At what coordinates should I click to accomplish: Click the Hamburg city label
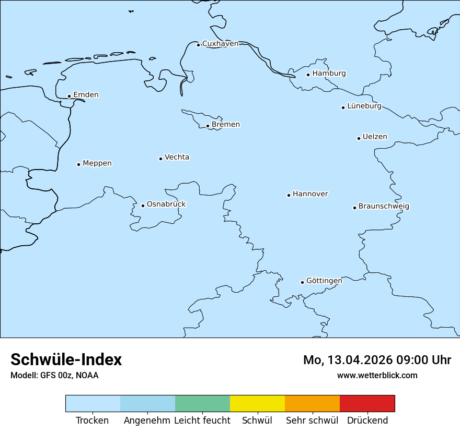(329, 74)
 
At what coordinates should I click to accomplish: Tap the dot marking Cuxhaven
(198, 45)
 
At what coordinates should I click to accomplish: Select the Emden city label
(86, 95)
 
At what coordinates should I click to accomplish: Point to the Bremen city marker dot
(208, 126)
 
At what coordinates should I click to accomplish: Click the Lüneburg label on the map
(364, 106)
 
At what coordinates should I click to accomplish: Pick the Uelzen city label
(375, 137)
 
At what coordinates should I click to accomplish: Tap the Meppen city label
(97, 163)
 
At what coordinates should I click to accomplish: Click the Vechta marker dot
(160, 159)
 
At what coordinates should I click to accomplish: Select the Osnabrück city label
(166, 205)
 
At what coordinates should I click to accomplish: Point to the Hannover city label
(310, 194)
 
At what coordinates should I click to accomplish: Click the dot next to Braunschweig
(354, 208)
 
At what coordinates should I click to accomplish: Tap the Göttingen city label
(324, 281)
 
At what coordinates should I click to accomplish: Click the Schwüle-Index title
(66, 359)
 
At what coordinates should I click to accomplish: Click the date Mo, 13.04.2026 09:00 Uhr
(377, 360)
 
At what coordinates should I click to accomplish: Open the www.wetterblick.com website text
(377, 375)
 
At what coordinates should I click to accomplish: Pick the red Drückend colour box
(367, 403)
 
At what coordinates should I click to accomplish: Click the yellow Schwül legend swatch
(257, 403)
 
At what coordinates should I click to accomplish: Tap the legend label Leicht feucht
(202, 420)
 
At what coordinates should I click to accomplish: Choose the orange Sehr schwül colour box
(312, 403)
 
